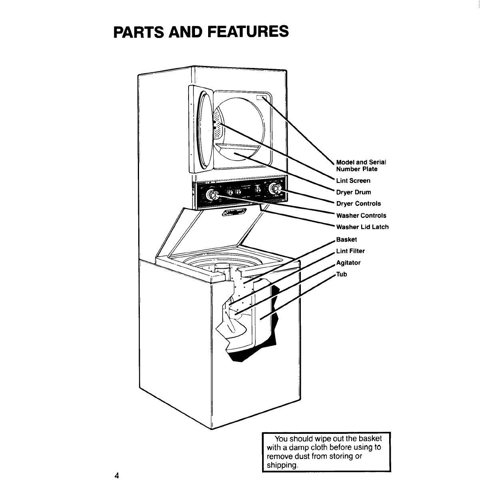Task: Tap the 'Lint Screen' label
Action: coord(353,181)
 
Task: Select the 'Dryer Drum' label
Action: coord(354,192)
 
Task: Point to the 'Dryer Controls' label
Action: coord(358,204)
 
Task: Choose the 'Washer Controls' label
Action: coord(361,216)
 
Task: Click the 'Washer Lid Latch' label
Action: coord(362,227)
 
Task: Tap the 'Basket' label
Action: coord(346,240)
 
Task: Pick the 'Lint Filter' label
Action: coord(350,251)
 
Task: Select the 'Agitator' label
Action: coord(348,263)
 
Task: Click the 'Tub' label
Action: coord(342,274)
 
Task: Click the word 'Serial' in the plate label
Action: coord(378,162)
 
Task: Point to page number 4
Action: coord(116,476)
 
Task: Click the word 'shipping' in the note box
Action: coord(282,465)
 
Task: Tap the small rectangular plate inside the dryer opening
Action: coord(262,98)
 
